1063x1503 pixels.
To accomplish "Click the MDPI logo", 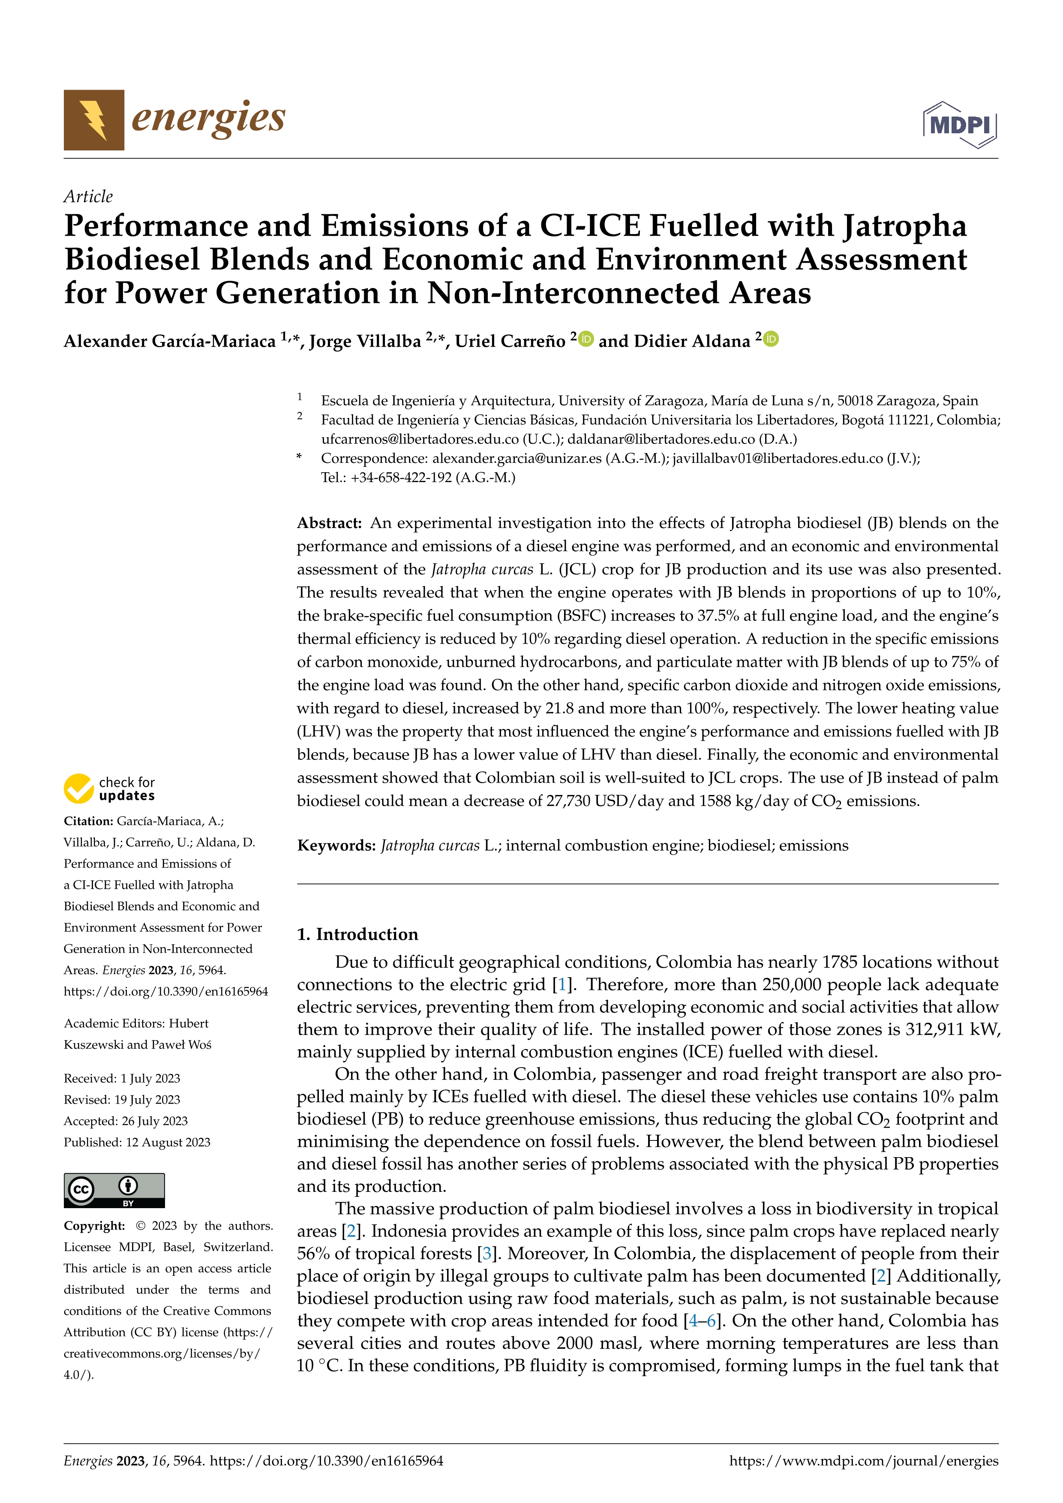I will pyautogui.click(x=960, y=124).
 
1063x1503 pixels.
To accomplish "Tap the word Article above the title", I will pyautogui.click(x=88, y=196).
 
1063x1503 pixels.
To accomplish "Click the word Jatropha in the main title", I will pyautogui.click(x=904, y=226).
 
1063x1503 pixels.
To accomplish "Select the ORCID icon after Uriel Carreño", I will pyautogui.click(x=586, y=339).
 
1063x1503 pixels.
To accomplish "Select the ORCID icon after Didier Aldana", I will pyautogui.click(x=771, y=339).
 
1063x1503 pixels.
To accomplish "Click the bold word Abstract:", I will pyautogui.click(x=329, y=523).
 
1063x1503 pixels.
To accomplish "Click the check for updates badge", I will pyautogui.click(x=109, y=789).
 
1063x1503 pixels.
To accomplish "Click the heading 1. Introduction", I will pyautogui.click(x=357, y=934).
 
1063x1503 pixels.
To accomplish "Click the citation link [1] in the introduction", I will pyautogui.click(x=562, y=984).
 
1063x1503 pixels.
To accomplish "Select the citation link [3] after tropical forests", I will pyautogui.click(x=486, y=1254).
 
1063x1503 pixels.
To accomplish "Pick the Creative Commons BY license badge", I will pyautogui.click(x=114, y=1190).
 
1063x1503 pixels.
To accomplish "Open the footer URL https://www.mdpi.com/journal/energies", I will pyautogui.click(x=863, y=1461).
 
